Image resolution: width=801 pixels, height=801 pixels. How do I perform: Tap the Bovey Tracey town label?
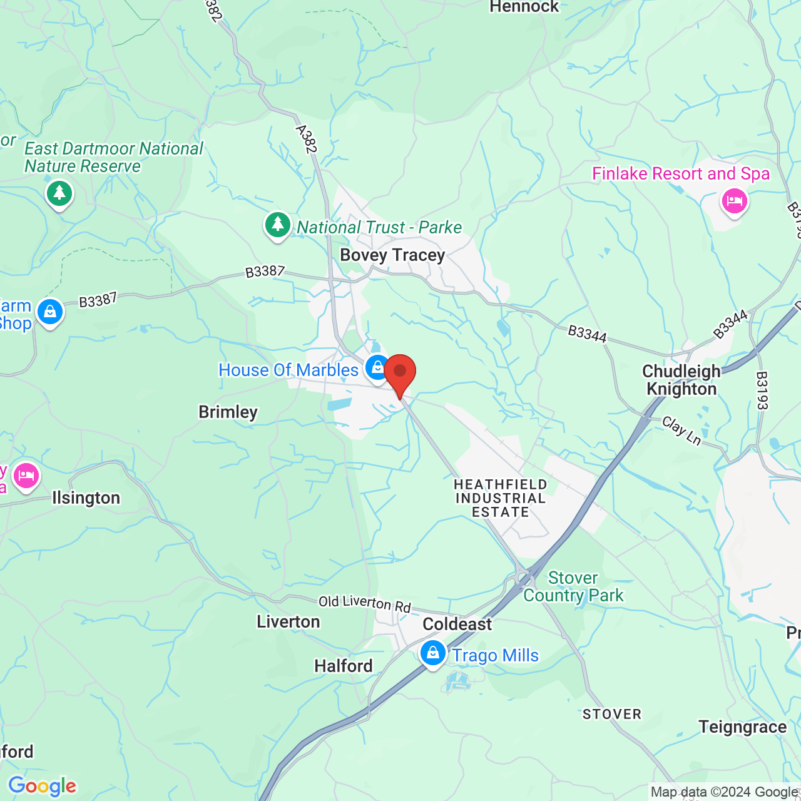(392, 255)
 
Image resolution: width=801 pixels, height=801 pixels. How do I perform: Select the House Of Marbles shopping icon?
(378, 367)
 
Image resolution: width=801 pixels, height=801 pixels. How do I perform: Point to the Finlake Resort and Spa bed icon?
(734, 202)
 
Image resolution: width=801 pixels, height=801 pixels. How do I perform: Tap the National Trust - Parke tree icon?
(277, 225)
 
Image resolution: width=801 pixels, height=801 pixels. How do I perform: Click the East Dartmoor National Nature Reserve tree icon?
(59, 193)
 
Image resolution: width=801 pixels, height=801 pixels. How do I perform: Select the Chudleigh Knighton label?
(681, 380)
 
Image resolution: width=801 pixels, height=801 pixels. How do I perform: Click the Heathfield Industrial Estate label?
(501, 498)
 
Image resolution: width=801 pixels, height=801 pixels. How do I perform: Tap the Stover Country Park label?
(573, 586)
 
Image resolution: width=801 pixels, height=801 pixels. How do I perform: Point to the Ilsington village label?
(86, 498)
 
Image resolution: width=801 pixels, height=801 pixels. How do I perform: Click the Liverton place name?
(288, 621)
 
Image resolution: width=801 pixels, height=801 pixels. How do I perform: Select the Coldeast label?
(457, 624)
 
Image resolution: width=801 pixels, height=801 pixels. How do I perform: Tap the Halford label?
(344, 666)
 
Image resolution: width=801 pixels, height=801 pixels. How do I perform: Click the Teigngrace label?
(743, 727)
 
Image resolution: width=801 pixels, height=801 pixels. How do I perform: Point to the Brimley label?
(228, 412)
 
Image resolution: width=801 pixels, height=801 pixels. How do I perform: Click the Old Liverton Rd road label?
(365, 603)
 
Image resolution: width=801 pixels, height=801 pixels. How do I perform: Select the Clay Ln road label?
(681, 431)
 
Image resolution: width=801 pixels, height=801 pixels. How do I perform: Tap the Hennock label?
(524, 7)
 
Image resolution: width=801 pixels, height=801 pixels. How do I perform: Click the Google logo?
(43, 786)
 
